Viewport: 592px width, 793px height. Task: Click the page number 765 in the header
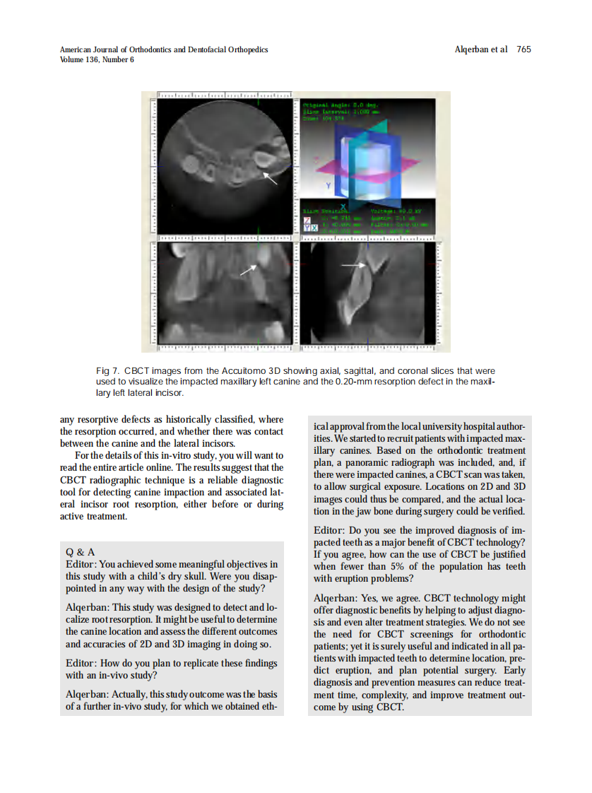[523, 49]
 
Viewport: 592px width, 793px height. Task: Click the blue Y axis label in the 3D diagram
[327, 185]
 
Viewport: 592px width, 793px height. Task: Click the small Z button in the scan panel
[306, 221]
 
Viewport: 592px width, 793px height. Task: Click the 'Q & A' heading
[81, 551]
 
